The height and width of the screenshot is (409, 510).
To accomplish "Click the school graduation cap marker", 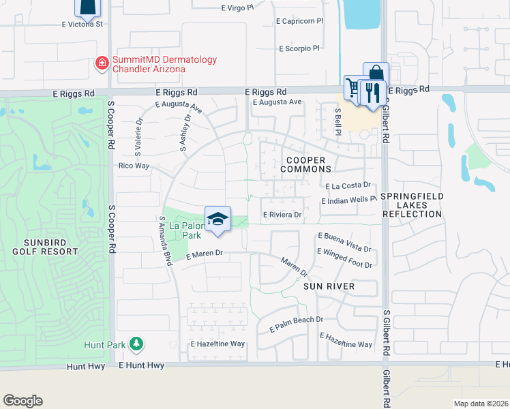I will click(217, 219).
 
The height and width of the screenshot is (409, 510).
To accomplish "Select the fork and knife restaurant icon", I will click(372, 91).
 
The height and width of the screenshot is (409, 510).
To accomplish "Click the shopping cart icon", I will click(353, 87).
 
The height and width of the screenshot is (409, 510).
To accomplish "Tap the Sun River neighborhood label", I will click(329, 286).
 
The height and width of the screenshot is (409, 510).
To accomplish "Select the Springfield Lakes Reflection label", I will click(412, 205).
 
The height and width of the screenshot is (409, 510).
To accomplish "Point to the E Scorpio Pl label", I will click(299, 48).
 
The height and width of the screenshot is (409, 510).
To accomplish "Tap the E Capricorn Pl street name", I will click(299, 21).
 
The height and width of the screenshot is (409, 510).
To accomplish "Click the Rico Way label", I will click(134, 166).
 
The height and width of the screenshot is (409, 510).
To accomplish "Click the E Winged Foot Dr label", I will click(345, 264).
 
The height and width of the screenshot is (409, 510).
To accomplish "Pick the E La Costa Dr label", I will click(347, 185).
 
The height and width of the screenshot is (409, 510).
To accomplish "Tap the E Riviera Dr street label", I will click(282, 214).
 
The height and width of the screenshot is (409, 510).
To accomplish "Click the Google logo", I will click(22, 401).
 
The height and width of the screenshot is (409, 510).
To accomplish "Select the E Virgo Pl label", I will click(237, 7).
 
